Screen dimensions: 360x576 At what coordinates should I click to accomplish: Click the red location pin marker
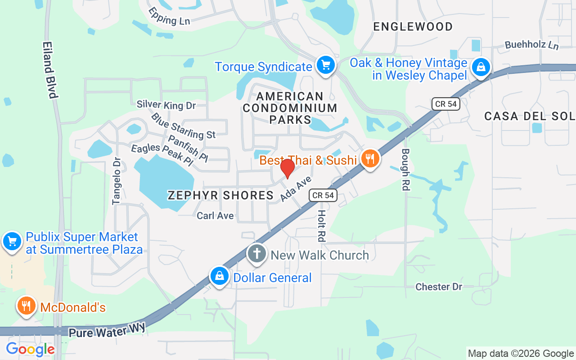[287, 167]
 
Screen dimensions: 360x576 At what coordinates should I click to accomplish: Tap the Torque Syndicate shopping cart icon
[325, 66]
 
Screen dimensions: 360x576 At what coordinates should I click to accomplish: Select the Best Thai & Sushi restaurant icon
[369, 158]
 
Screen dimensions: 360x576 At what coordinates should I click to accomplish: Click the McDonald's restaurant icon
[27, 306]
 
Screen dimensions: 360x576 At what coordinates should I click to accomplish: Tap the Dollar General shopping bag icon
[220, 276]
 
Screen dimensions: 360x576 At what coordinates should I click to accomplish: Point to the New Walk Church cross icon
[257, 254]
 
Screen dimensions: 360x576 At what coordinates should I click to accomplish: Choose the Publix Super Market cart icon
[12, 242]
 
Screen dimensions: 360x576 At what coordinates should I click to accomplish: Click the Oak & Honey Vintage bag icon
[481, 68]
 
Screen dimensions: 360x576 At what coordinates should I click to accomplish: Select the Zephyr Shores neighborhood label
[220, 195]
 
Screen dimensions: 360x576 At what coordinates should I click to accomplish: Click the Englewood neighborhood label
[413, 27]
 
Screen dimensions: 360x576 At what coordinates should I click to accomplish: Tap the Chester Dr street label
[438, 287]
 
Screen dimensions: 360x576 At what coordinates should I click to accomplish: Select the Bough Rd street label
[405, 170]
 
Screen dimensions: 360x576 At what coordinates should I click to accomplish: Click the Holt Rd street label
[322, 225]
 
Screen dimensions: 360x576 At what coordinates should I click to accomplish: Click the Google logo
[30, 349]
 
